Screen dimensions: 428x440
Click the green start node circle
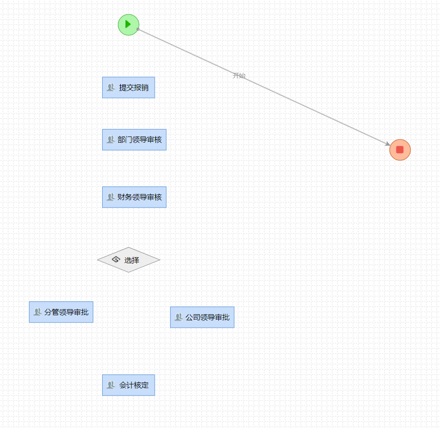point(129,25)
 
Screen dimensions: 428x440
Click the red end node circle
point(400,149)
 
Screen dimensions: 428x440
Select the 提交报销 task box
point(129,87)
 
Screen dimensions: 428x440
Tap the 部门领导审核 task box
point(134,140)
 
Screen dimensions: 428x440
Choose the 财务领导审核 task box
point(134,197)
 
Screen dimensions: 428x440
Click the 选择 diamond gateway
point(129,260)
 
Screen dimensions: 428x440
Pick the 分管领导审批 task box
point(61,312)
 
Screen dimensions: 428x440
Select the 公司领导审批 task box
point(202,318)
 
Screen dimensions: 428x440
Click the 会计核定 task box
point(129,385)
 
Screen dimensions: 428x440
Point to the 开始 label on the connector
point(239,76)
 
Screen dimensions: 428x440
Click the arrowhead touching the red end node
point(387,144)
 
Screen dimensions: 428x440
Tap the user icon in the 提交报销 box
point(111,87)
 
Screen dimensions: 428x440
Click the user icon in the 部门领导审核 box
point(111,140)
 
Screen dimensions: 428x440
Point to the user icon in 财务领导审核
point(111,197)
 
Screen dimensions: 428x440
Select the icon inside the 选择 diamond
point(116,259)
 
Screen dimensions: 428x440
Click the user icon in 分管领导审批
point(38,312)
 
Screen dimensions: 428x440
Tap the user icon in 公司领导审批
point(178,318)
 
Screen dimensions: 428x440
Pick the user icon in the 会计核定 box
point(111,385)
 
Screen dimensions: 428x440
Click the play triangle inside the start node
point(128,24)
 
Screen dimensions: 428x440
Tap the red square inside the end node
point(400,149)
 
